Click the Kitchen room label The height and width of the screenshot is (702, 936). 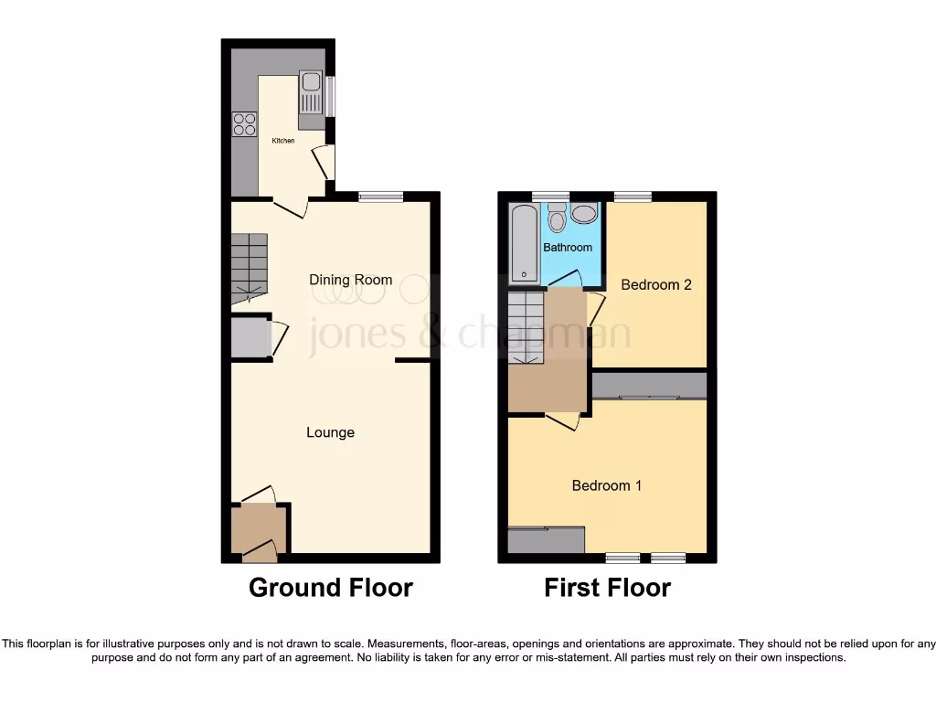click(282, 140)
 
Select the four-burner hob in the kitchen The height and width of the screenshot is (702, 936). click(244, 123)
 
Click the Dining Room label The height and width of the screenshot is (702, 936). click(351, 280)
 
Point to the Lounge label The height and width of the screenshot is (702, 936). click(330, 432)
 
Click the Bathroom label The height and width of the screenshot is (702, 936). click(568, 247)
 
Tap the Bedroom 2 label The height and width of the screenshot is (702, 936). click(655, 284)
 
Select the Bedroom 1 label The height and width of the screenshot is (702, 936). click(606, 485)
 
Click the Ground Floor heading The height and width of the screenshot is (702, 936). click(330, 588)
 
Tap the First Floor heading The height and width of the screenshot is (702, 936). click(607, 588)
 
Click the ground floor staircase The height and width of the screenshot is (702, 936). click(249, 267)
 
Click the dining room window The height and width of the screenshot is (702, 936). click(380, 196)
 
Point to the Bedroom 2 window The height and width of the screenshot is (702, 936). click(633, 196)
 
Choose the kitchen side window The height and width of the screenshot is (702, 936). click(331, 96)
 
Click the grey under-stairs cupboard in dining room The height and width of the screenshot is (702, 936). click(249, 338)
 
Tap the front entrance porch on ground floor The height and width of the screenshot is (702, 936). click(259, 530)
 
